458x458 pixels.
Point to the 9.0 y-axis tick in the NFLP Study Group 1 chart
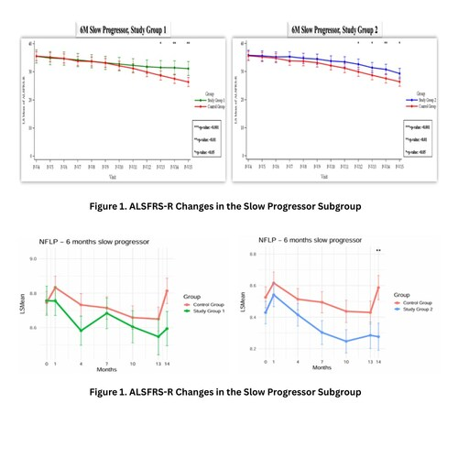click(32, 259)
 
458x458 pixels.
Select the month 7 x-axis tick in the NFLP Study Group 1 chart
click(106, 364)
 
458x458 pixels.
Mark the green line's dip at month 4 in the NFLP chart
click(82, 331)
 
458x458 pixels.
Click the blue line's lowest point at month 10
click(346, 342)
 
